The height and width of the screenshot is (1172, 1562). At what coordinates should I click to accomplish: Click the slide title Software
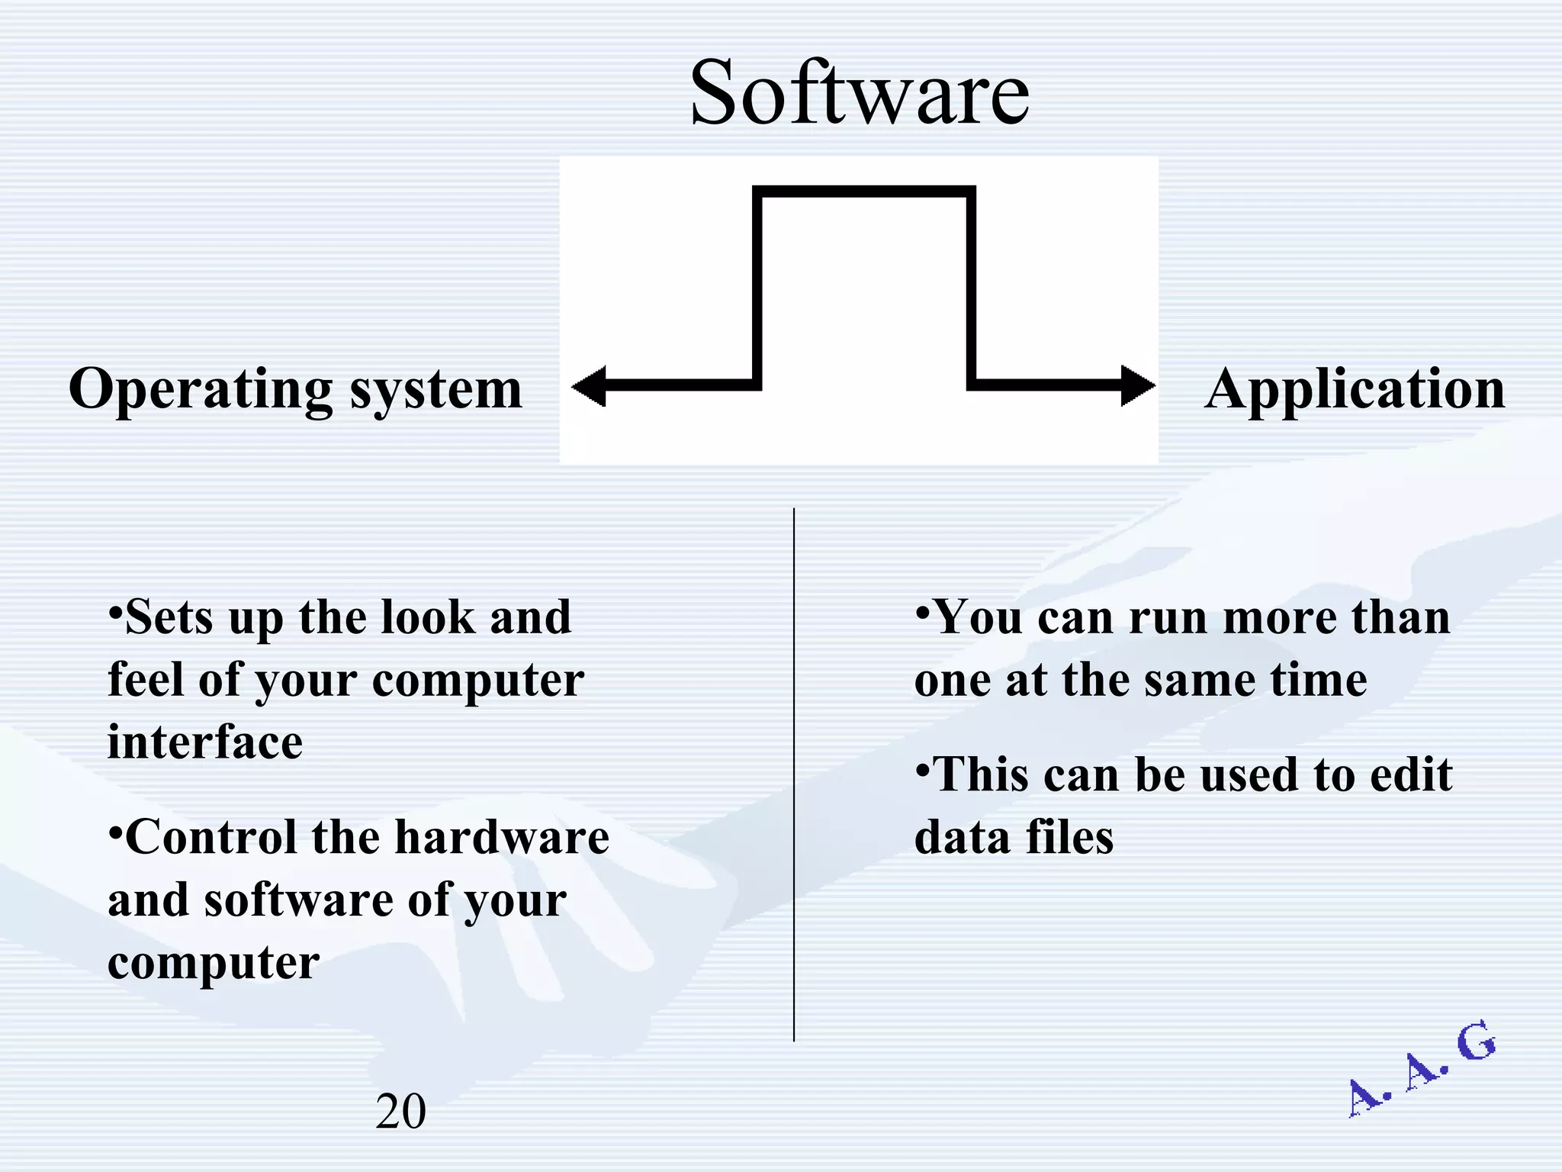(860, 93)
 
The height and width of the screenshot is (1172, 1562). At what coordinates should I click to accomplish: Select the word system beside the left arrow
(435, 391)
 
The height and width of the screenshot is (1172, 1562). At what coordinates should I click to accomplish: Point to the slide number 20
(400, 1111)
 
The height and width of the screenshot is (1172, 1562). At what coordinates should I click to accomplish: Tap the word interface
(205, 742)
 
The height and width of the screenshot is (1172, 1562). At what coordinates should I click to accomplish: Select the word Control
(211, 837)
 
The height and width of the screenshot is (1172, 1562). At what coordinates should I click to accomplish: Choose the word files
(1069, 837)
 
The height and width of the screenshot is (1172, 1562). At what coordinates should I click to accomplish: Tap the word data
(962, 837)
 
